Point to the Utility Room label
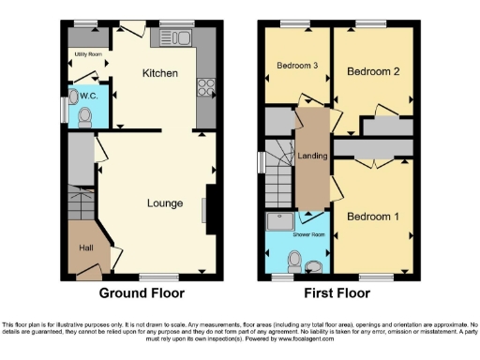86,55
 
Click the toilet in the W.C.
84,116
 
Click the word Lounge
164,202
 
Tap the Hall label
85,247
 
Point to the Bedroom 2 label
367,71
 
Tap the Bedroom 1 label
372,217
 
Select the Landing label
312,156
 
